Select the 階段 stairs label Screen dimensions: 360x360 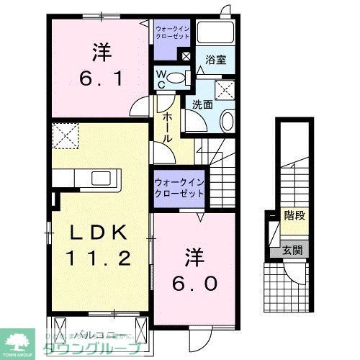click(x=294, y=215)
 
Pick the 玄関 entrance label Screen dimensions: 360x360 click(x=292, y=251)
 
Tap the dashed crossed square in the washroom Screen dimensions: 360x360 click(x=227, y=91)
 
